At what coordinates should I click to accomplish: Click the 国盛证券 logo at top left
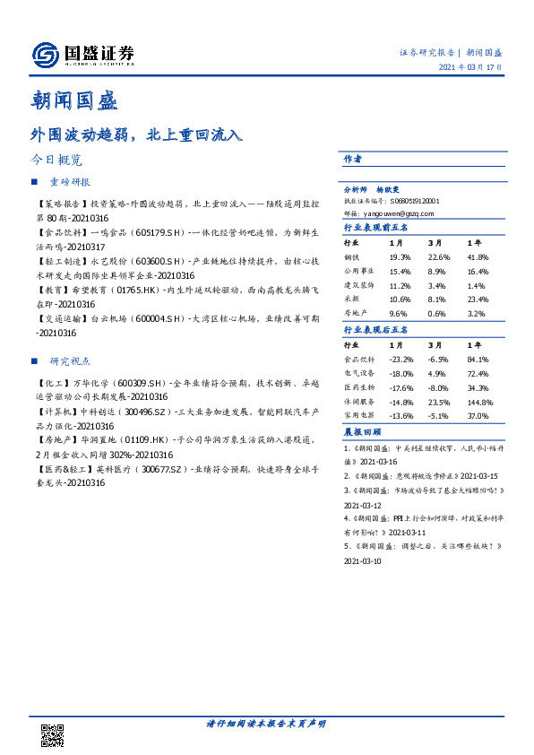click(x=82, y=55)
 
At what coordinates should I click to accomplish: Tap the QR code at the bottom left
click(x=54, y=735)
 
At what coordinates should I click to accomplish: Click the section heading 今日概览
click(x=56, y=161)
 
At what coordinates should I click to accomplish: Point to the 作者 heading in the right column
click(x=352, y=159)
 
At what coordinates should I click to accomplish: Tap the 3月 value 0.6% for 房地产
click(x=436, y=314)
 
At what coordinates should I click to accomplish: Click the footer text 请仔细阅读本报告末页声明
click(x=267, y=724)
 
